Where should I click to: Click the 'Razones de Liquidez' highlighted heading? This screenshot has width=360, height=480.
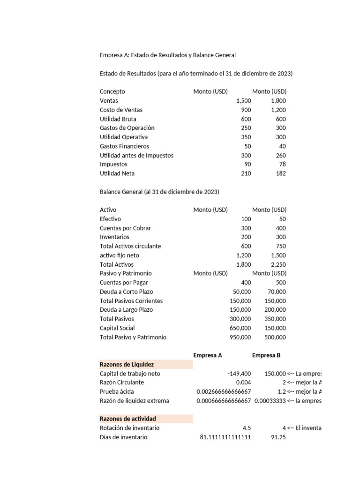click(127, 364)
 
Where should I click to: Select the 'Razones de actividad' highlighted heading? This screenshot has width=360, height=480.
click(128, 419)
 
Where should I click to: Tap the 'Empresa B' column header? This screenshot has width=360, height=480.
click(266, 355)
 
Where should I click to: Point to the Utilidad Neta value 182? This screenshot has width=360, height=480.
click(280, 173)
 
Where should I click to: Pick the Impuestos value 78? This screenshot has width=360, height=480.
click(281, 165)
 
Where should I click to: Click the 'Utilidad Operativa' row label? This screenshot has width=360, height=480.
click(124, 137)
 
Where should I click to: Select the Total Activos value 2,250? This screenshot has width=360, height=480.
click(278, 264)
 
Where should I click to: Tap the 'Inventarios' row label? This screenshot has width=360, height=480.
click(115, 237)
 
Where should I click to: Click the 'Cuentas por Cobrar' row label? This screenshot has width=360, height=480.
click(125, 228)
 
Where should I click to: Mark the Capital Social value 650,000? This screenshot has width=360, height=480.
click(240, 328)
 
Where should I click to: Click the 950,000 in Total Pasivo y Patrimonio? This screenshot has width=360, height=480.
click(240, 337)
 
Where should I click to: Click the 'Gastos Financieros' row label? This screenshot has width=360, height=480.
click(124, 146)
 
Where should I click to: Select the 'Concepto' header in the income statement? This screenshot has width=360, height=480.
click(112, 92)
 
